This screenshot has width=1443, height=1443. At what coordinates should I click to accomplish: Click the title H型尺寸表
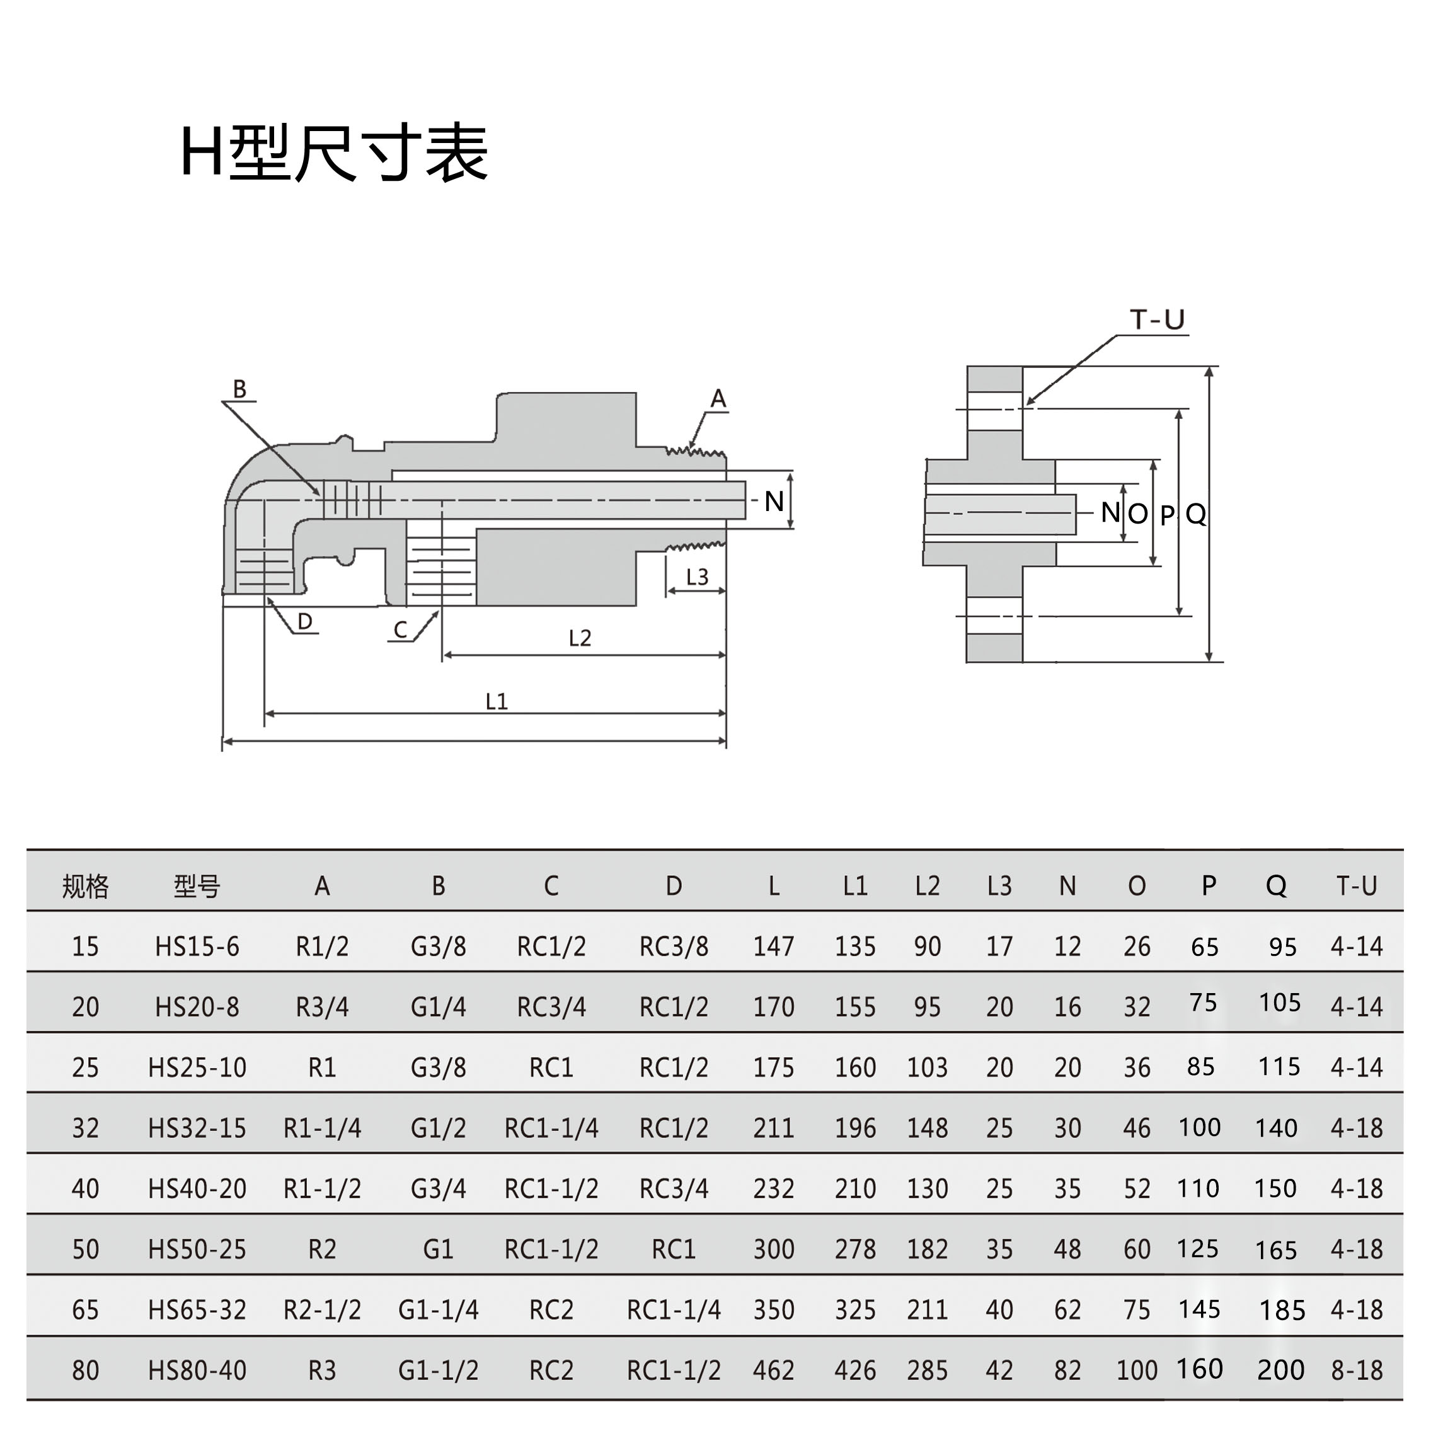[334, 153]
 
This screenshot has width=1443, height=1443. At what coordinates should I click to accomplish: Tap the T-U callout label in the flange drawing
[1157, 319]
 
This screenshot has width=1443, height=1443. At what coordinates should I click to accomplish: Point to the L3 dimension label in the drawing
[697, 577]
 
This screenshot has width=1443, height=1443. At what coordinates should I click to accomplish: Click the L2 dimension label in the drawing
[580, 638]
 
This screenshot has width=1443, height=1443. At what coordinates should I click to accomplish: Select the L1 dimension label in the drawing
[497, 701]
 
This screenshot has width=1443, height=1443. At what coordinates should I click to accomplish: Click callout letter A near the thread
[718, 399]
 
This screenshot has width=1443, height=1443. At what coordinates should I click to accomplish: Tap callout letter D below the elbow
[305, 621]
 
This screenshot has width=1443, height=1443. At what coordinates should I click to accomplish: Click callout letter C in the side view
[400, 630]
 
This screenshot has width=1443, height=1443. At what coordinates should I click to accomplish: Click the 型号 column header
[197, 887]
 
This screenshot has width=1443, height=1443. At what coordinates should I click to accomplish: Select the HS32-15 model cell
[197, 1129]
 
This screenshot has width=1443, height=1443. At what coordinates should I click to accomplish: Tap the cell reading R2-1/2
[323, 1310]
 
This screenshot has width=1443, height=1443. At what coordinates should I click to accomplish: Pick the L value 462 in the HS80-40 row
[774, 1371]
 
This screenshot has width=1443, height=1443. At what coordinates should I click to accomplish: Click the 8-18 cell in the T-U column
[1357, 1371]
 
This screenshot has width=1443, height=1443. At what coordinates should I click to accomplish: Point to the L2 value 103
[928, 1068]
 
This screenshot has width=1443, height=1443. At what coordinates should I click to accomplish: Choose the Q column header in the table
[1277, 886]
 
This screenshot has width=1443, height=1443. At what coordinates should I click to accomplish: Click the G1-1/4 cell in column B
[439, 1310]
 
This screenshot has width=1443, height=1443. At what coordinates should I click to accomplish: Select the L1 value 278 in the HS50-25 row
[855, 1250]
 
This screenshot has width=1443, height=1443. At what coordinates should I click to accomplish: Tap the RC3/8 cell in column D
[674, 947]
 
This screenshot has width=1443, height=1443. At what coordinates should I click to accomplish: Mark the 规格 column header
[85, 887]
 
